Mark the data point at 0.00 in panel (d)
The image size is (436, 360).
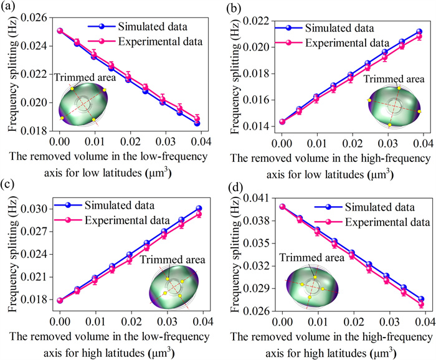[282, 207]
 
